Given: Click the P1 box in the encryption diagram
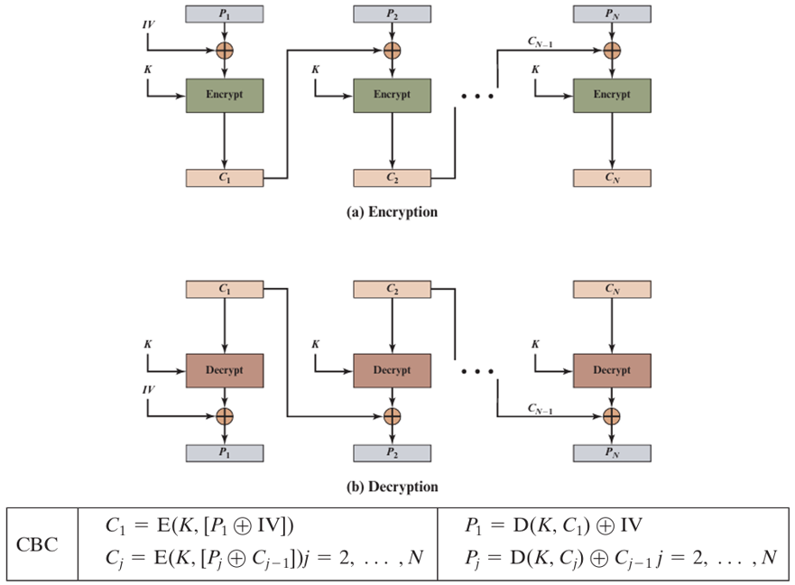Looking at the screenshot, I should (x=225, y=14).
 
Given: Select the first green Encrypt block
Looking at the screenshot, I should (x=225, y=95).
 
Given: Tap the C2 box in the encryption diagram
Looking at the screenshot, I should (x=392, y=178).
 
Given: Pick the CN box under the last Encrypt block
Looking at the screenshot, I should (x=612, y=178).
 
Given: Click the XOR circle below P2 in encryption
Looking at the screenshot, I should (x=392, y=50).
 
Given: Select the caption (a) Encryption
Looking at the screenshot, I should (x=393, y=212).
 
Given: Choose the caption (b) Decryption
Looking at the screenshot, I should (x=393, y=487).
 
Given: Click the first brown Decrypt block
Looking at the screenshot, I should (x=225, y=370).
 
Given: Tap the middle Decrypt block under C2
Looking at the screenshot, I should (x=392, y=370).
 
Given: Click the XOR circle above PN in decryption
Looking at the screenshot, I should (x=612, y=416).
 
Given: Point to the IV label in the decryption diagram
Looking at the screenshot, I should (x=149, y=390).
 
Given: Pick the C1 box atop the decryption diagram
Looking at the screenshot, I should (x=225, y=290).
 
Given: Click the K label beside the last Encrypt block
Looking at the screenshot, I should (x=536, y=70).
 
